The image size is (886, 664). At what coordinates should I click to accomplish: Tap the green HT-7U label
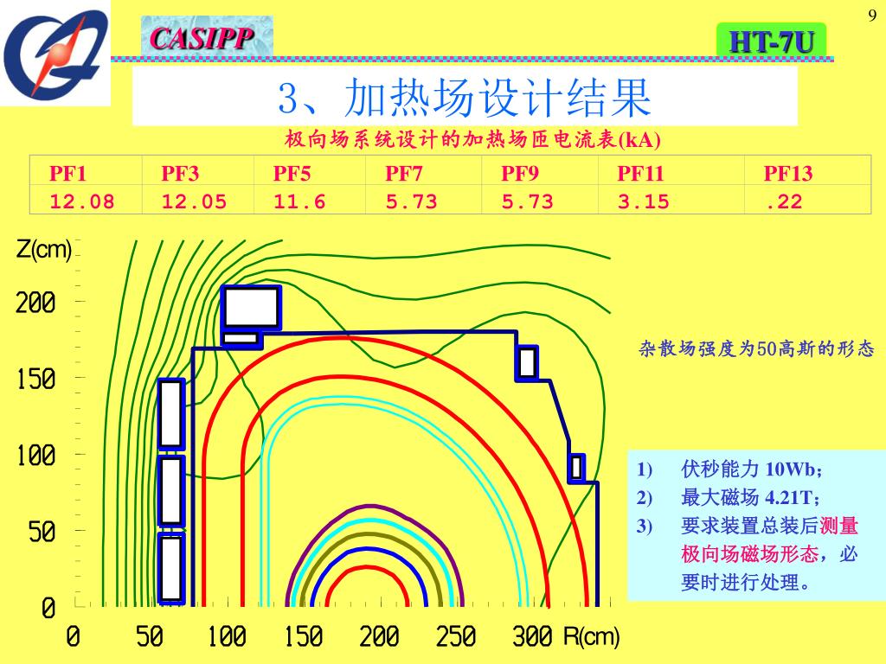tap(771, 41)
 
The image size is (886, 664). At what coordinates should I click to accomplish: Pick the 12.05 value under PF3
tap(194, 201)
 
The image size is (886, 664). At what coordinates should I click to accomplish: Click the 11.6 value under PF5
tap(299, 201)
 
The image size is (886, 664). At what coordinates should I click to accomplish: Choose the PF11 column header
tap(640, 173)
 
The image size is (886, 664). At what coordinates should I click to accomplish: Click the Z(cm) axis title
tap(43, 250)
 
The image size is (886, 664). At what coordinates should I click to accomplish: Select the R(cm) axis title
tap(592, 638)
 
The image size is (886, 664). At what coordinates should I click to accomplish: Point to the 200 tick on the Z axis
tap(35, 303)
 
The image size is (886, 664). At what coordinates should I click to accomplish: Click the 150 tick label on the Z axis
tap(35, 379)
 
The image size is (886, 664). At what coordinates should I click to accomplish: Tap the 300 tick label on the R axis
tap(532, 638)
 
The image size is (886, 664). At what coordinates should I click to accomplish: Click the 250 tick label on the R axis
tap(456, 638)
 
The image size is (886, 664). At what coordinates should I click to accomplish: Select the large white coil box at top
tap(252, 307)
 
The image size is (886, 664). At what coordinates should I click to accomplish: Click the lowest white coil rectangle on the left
tap(171, 568)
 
